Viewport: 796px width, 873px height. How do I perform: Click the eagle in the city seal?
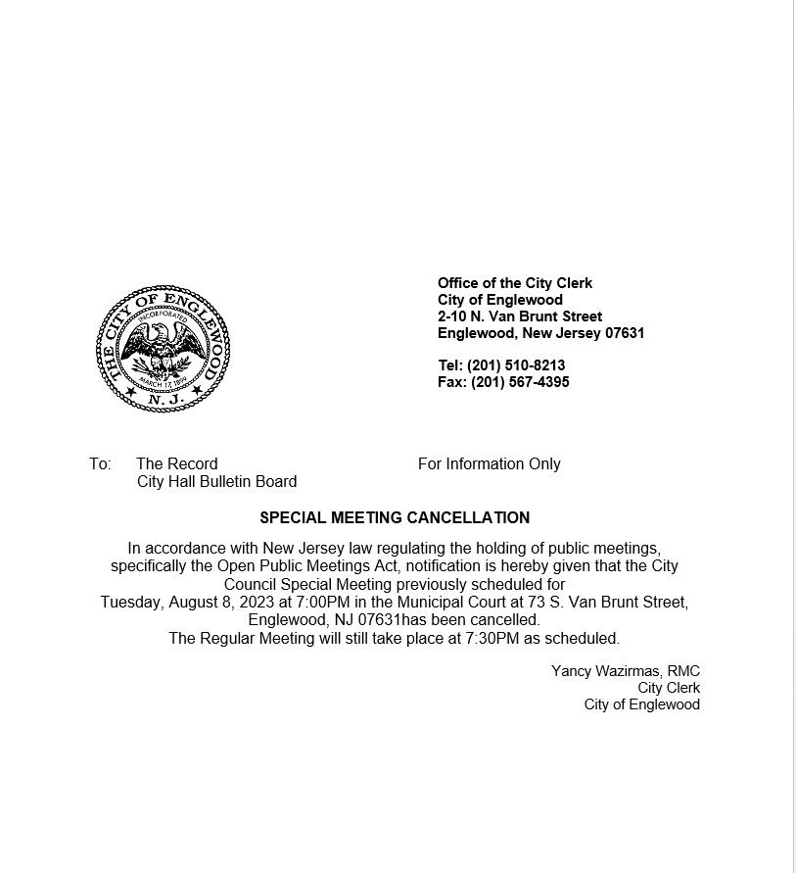tap(163, 347)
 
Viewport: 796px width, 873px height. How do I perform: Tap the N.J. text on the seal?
tap(163, 399)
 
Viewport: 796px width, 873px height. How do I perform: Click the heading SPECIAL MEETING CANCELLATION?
tap(395, 518)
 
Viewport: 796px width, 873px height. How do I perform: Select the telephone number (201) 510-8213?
tap(516, 365)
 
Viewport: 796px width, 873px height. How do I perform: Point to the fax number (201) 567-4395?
tap(520, 382)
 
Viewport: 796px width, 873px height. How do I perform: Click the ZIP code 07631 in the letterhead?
tap(625, 333)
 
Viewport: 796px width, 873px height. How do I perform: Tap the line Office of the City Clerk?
tap(515, 283)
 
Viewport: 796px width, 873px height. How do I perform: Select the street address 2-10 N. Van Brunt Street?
tap(520, 316)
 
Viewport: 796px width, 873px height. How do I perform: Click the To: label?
tap(100, 464)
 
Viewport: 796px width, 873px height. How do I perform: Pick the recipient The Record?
tap(177, 464)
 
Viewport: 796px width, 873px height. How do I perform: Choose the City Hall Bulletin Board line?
tap(216, 482)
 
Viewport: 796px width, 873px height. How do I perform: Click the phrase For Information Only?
tap(490, 464)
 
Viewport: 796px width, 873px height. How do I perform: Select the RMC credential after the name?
tap(683, 671)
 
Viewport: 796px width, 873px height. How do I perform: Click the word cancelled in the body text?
tap(505, 620)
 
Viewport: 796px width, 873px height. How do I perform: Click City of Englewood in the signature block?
tap(642, 704)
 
